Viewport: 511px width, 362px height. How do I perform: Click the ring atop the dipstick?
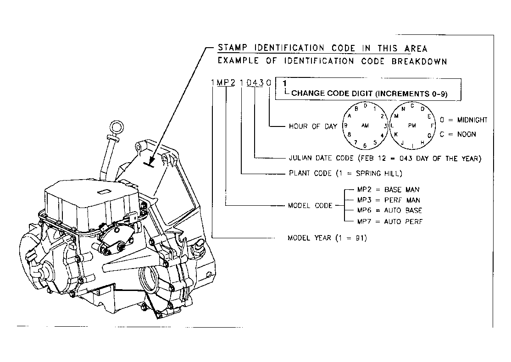click(117, 122)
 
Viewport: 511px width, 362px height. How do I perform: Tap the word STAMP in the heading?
click(233, 48)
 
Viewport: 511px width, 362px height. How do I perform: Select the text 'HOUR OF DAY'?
click(313, 126)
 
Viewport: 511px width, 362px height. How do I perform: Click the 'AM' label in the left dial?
click(365, 126)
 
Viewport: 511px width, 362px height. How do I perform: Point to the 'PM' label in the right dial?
click(412, 126)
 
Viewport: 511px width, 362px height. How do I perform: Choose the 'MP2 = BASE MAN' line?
click(388, 189)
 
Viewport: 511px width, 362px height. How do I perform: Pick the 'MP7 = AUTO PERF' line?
click(389, 222)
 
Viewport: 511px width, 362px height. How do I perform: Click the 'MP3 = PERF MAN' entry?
click(389, 200)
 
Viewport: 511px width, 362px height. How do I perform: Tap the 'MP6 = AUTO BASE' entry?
click(389, 211)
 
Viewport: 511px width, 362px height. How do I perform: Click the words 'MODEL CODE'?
click(310, 206)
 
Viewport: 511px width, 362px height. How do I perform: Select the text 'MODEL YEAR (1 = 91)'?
click(327, 238)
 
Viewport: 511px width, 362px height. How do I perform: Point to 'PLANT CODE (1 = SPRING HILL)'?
click(345, 173)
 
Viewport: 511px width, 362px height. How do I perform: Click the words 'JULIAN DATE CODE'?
click(321, 158)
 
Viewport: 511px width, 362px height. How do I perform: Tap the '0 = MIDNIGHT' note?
click(463, 120)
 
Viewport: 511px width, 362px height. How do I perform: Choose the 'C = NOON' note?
click(457, 134)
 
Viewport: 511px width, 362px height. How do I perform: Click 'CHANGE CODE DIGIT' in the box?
click(332, 93)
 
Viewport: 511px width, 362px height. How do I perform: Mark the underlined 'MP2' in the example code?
click(226, 82)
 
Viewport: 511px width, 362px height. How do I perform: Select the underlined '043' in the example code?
click(255, 82)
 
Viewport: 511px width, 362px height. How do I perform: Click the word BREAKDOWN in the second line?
click(419, 61)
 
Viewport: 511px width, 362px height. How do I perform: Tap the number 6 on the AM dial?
click(365, 146)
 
